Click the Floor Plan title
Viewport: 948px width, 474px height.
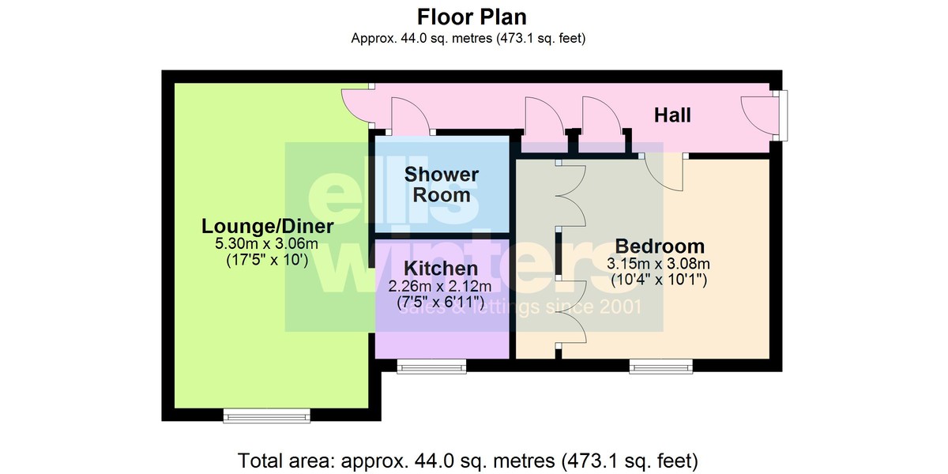[x=472, y=17]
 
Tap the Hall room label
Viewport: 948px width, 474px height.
[x=672, y=115]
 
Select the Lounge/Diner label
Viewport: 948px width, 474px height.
[x=268, y=226]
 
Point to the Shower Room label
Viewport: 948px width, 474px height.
[x=442, y=185]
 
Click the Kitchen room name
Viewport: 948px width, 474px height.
[x=441, y=269]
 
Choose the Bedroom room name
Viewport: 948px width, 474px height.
[x=660, y=246]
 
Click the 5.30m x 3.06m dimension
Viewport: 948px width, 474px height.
[x=267, y=244]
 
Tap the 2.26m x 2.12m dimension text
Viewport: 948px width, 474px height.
[x=440, y=287]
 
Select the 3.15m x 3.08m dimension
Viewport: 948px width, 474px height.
[x=659, y=264]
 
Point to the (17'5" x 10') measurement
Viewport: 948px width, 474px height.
[x=267, y=259]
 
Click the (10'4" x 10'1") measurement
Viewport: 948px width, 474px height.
[x=659, y=280]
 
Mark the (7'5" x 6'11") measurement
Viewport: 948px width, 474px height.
[x=441, y=302]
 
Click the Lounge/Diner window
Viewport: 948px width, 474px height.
[x=267, y=416]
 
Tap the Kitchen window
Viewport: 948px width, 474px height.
[x=431, y=367]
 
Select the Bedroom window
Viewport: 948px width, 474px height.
[x=661, y=367]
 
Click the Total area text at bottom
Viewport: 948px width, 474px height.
[x=468, y=461]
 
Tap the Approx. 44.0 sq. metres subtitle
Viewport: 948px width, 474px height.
[x=468, y=39]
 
